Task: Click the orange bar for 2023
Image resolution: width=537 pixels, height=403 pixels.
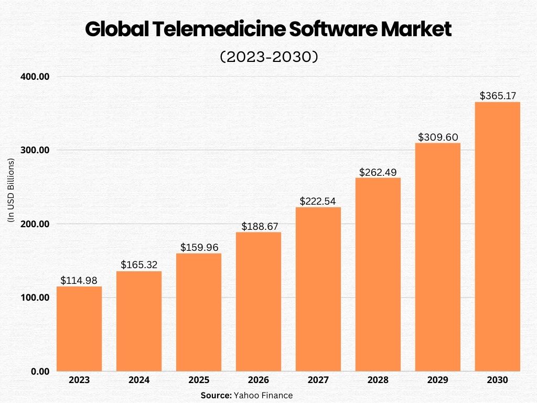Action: (x=79, y=328)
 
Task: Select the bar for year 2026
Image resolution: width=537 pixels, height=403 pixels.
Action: (x=259, y=301)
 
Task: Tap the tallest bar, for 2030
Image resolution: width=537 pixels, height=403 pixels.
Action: (x=497, y=236)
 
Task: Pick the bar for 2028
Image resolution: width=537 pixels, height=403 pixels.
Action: (x=378, y=274)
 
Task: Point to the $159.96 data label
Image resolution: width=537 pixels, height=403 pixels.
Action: (x=199, y=247)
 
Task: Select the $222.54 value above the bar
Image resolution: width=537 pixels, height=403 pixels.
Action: (x=318, y=201)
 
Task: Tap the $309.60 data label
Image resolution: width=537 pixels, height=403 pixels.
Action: (x=437, y=137)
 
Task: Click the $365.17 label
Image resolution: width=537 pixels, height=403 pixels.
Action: (x=498, y=96)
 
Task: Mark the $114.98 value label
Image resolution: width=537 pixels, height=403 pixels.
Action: (x=79, y=281)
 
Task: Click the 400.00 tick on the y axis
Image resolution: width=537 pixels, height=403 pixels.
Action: (x=35, y=77)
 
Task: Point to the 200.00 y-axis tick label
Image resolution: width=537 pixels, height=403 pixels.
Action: (x=35, y=224)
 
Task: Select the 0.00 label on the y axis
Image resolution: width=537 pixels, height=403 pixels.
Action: (x=39, y=372)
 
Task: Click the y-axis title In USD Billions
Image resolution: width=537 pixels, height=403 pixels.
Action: (x=10, y=190)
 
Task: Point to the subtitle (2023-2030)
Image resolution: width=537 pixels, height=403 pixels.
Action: (x=268, y=57)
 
